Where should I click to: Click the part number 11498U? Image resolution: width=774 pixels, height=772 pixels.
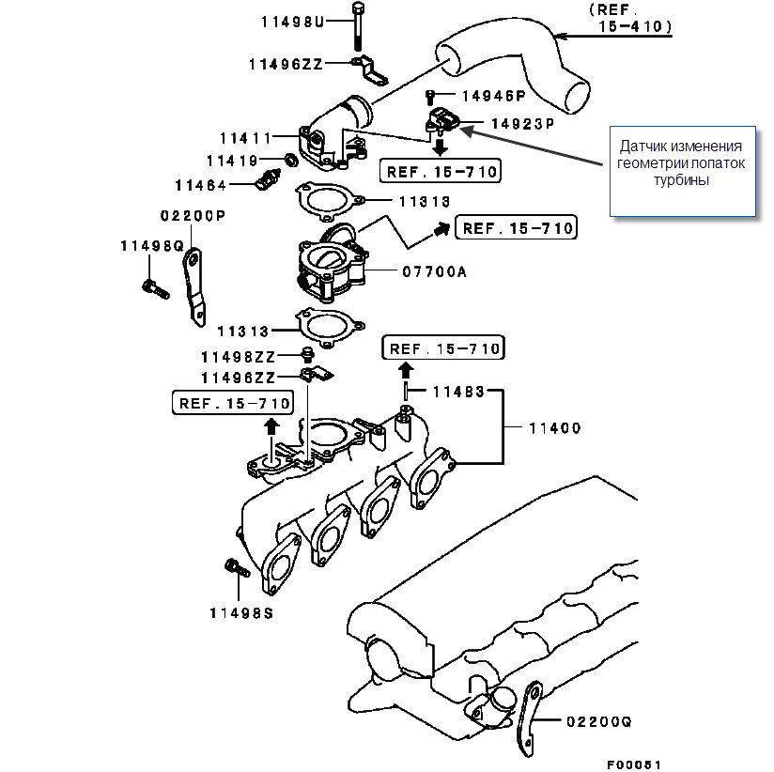click(x=292, y=22)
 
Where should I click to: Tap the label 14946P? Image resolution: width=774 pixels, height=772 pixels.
click(x=493, y=95)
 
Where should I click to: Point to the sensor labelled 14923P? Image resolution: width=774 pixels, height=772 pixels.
click(x=441, y=121)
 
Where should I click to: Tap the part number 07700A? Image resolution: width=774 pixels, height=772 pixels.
click(x=433, y=273)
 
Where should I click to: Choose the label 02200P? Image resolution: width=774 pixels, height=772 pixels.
click(x=193, y=214)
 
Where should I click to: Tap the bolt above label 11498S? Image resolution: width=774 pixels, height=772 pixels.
click(x=236, y=568)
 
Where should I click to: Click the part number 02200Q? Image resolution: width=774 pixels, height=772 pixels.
click(x=599, y=722)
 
